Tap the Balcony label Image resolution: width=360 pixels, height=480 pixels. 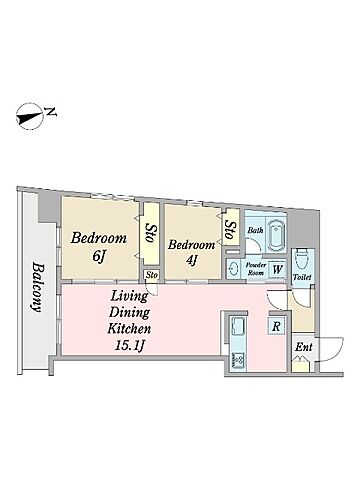38,287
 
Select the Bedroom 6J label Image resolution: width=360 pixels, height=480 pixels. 99,246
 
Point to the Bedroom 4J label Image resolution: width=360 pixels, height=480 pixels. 191,252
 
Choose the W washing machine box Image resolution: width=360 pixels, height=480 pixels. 277,269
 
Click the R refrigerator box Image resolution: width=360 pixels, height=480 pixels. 276,326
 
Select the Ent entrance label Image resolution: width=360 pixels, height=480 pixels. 304,347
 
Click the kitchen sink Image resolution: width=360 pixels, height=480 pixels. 237,327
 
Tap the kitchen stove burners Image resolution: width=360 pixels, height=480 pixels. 238,360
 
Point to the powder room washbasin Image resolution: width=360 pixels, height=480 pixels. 233,269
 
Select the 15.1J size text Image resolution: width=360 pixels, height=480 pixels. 129,345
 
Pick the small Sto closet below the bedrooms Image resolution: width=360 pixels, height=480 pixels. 152,276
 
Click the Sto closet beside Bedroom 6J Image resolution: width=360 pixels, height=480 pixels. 151,233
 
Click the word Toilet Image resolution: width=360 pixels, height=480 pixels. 302,277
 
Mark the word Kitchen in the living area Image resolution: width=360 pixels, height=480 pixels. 129,329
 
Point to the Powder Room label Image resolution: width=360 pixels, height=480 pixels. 256,269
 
